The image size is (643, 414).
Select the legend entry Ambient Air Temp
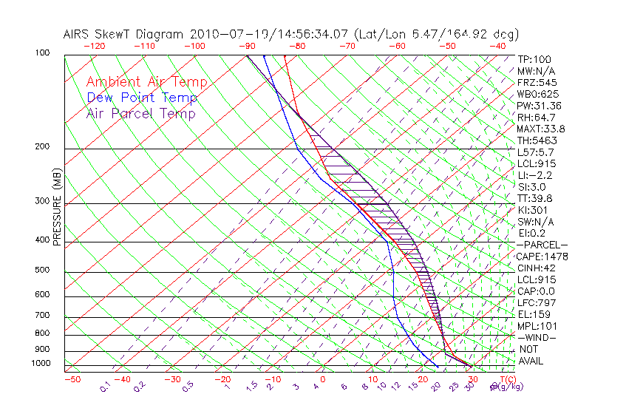pyautogui.click(x=146, y=82)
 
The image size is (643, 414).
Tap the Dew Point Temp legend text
pyautogui.click(x=141, y=98)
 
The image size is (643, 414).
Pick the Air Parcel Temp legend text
pyautogui.click(x=140, y=113)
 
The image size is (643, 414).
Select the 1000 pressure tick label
pyautogui.click(x=41, y=363)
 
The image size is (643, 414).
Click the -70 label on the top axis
pyautogui.click(x=347, y=45)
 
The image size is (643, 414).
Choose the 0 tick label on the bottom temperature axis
pyautogui.click(x=323, y=379)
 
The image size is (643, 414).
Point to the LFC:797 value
pyautogui.click(x=535, y=302)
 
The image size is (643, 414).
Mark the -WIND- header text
pyautogui.click(x=537, y=337)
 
